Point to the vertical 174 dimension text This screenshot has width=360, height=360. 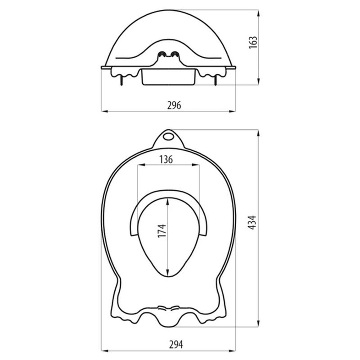[162, 231]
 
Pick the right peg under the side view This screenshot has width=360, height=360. [216, 82]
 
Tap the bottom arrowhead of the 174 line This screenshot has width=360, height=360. [168, 275]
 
